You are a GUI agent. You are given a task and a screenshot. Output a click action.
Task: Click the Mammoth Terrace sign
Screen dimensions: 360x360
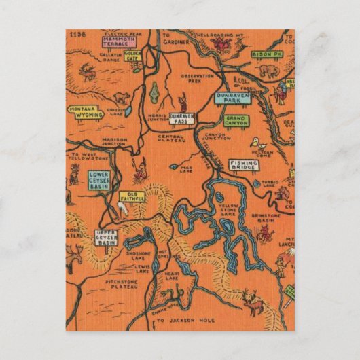(119, 43)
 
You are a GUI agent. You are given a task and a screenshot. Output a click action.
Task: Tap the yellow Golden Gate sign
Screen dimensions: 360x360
(132, 56)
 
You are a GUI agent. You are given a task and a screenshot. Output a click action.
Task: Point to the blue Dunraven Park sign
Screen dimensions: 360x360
(233, 98)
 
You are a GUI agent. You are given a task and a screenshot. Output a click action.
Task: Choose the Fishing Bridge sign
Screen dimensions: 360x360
(243, 166)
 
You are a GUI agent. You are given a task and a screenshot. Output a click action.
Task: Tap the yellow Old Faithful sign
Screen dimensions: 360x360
(132, 197)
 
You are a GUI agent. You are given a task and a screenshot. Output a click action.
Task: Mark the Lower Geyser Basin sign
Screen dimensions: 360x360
(99, 180)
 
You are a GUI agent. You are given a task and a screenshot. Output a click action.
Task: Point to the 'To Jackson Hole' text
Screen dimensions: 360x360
(179, 319)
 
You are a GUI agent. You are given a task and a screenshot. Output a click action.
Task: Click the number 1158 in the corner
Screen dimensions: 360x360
(77, 33)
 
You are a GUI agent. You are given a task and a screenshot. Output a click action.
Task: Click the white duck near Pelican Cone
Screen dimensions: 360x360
(255, 143)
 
